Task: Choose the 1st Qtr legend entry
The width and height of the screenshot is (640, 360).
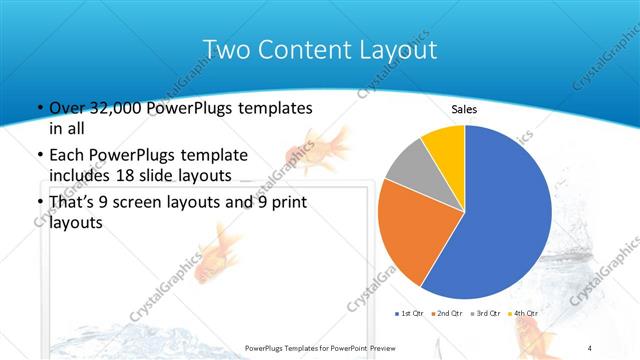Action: (411, 314)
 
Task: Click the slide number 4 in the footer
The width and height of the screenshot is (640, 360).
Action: (589, 347)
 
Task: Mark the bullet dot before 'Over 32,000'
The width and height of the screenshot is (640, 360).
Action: (39, 109)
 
